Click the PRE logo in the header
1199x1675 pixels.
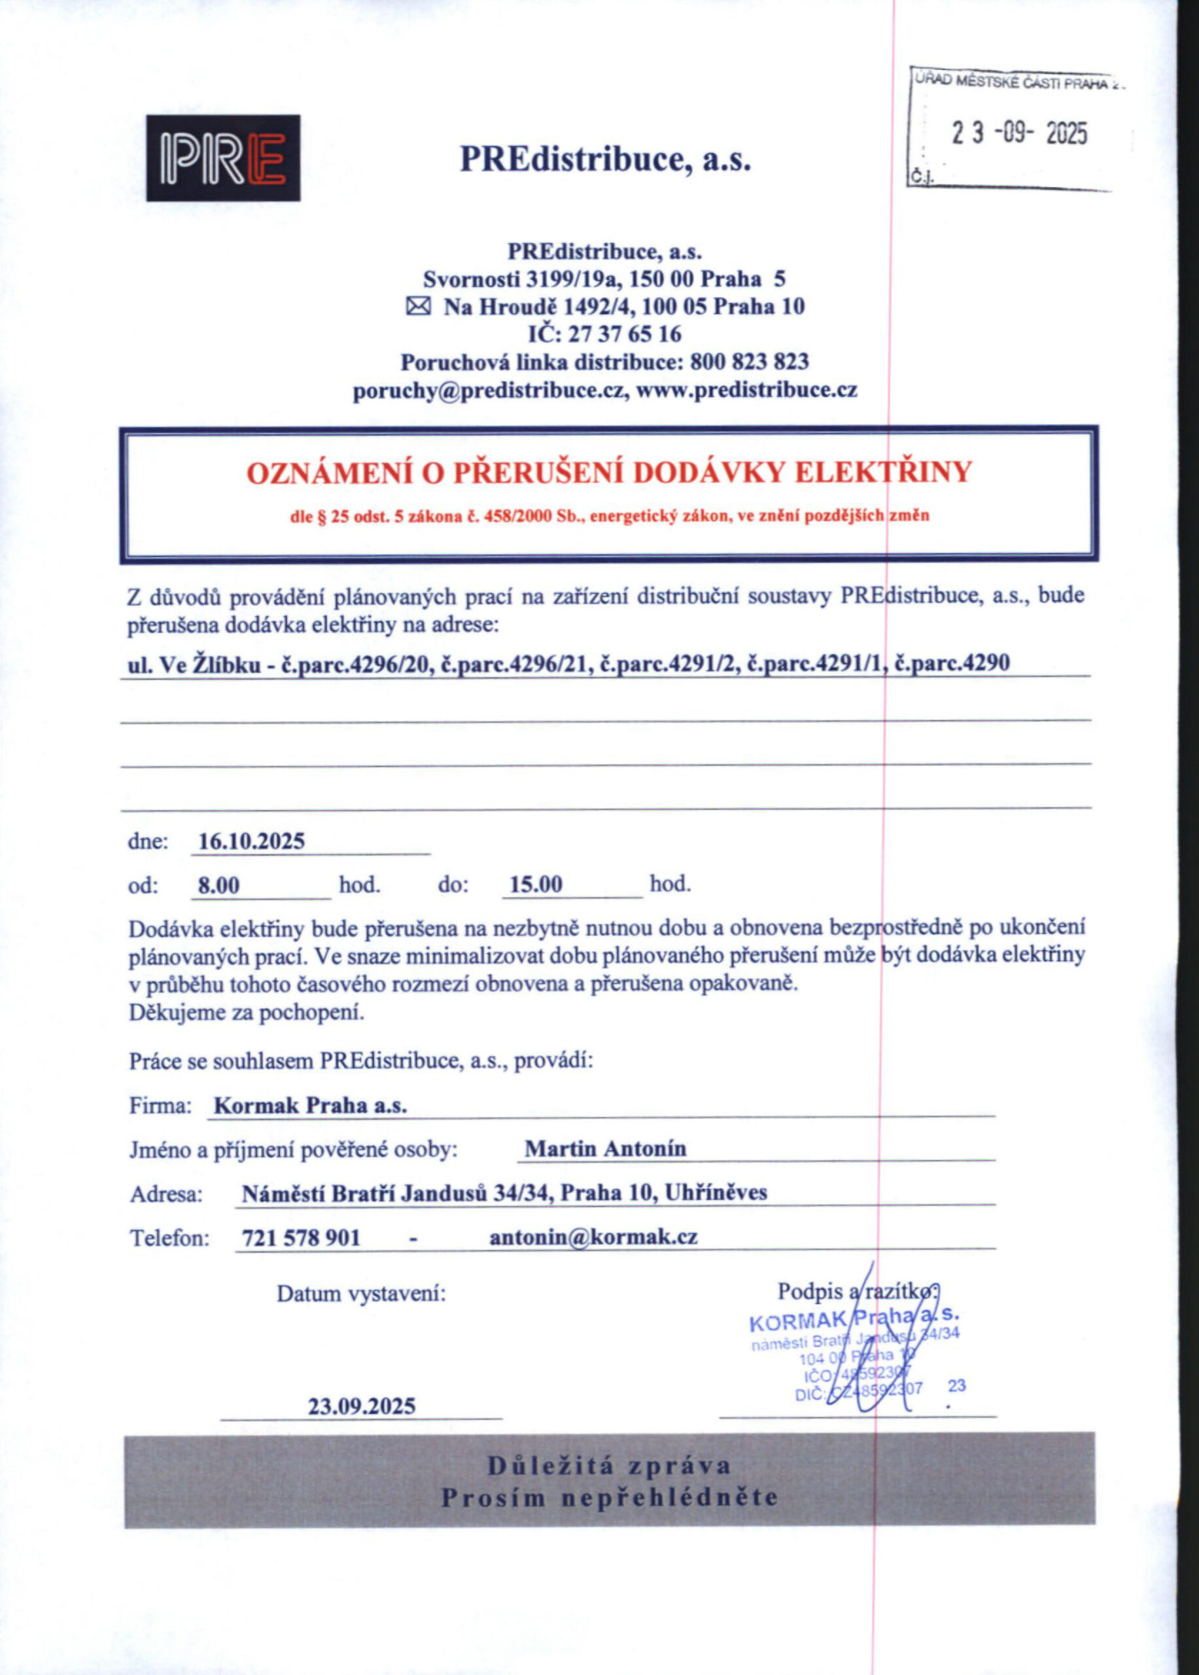click(223, 158)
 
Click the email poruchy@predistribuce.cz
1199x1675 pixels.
click(490, 390)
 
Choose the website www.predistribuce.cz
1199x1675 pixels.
click(746, 390)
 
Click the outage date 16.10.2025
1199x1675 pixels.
click(252, 841)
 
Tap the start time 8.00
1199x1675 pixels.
click(219, 885)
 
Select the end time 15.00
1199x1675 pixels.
click(536, 885)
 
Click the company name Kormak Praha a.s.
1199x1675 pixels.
click(310, 1106)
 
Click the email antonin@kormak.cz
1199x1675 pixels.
click(593, 1237)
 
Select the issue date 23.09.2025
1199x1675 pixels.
click(362, 1405)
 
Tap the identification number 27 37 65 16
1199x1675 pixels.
click(625, 334)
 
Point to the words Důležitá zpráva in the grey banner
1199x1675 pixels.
click(609, 1466)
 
